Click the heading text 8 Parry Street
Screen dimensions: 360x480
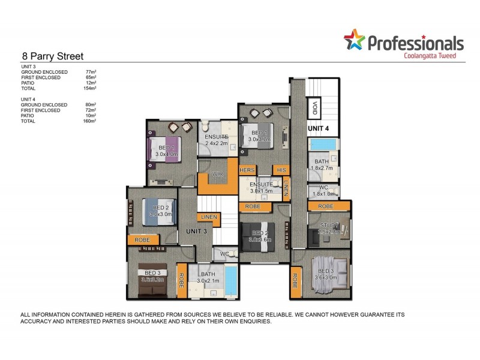(x=52, y=55)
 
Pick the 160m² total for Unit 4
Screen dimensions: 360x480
(x=90, y=121)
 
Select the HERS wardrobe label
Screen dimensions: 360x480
(x=247, y=170)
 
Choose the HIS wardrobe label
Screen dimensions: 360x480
(x=281, y=170)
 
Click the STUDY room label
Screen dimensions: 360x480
(x=328, y=226)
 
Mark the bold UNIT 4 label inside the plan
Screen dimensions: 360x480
(x=319, y=128)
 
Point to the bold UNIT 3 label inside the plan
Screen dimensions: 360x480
(x=196, y=231)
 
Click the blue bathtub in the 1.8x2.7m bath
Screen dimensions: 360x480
(x=323, y=145)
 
